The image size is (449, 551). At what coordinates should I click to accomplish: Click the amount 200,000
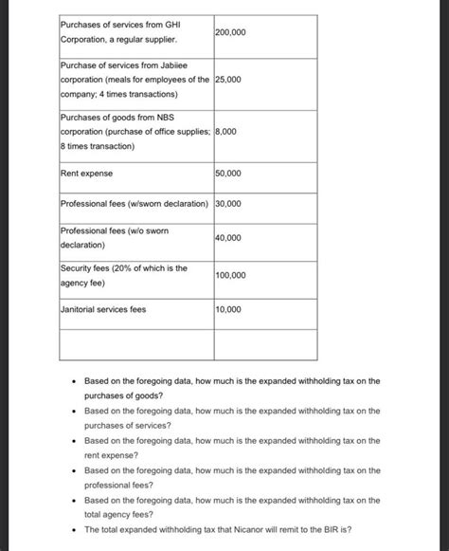tap(231, 32)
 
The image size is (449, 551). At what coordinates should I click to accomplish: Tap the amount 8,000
tap(228, 132)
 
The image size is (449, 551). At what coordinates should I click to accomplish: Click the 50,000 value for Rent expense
tap(228, 174)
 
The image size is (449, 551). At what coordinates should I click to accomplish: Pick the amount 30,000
tap(228, 204)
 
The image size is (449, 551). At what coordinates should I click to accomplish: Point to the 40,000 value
tap(228, 237)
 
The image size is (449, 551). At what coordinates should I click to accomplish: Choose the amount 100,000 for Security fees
tap(231, 275)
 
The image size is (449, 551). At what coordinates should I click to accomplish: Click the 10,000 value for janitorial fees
tap(228, 309)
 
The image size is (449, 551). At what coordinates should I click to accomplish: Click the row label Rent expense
tap(86, 174)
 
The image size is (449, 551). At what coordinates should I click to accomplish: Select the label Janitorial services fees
tap(103, 309)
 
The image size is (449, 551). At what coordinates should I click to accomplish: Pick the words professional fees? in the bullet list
tap(118, 484)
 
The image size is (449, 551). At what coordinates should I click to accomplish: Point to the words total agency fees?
tap(118, 514)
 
